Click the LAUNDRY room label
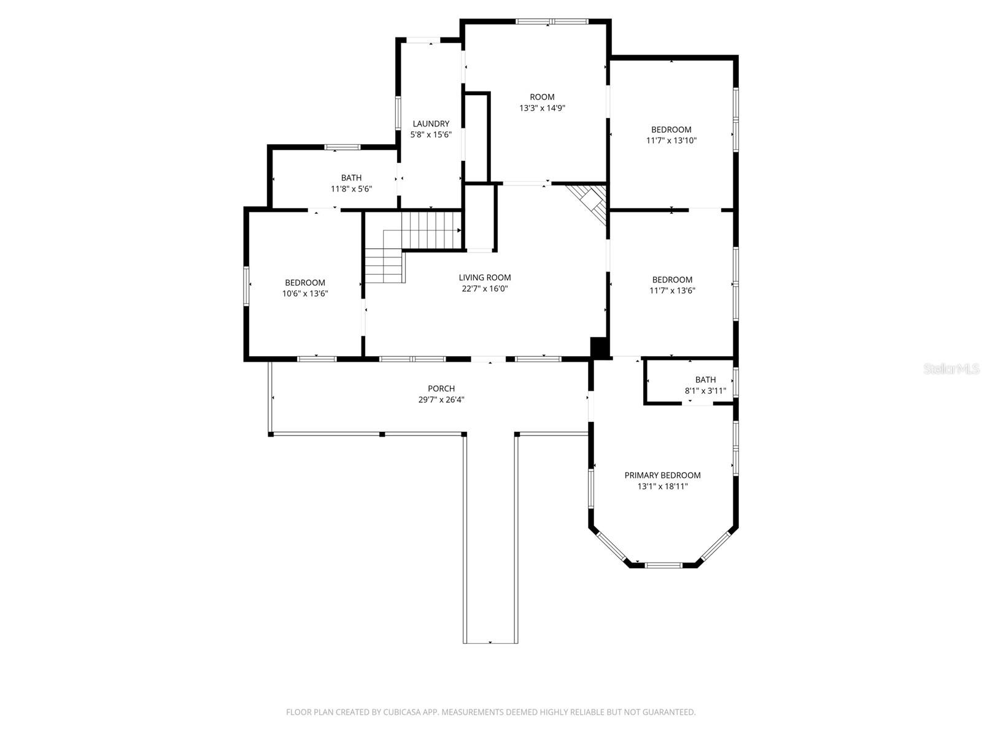431,123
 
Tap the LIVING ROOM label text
485,278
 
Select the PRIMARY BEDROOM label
662,475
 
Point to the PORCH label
441,389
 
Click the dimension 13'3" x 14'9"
542,108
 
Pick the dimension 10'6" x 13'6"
305,294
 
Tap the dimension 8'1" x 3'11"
705,391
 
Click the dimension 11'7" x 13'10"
671,141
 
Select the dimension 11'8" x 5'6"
351,189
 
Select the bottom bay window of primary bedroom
663,564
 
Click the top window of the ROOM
552,21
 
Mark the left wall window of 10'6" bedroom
247,286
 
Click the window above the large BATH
342,147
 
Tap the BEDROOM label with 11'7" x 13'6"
672,280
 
